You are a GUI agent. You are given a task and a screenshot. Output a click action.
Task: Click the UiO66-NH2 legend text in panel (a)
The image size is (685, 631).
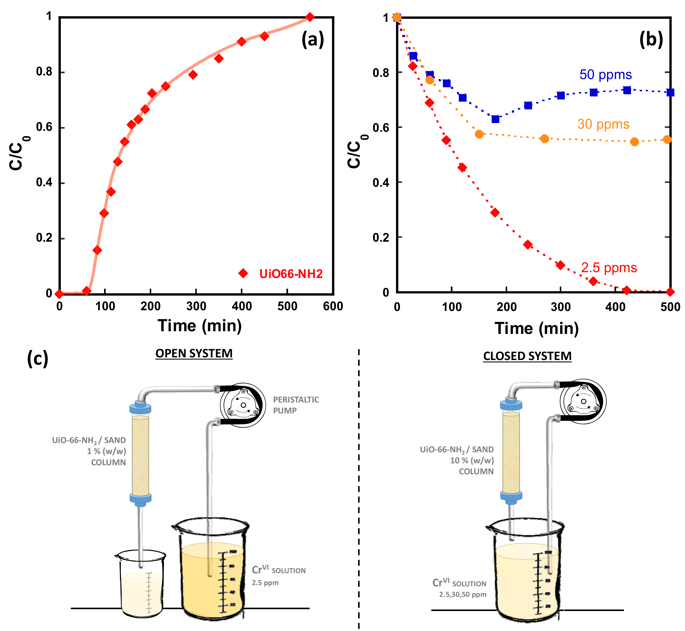coord(290,274)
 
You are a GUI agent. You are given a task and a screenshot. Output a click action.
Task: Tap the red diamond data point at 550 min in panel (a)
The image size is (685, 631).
coord(310,17)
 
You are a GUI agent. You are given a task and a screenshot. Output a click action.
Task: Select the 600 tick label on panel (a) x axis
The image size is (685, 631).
coord(333,306)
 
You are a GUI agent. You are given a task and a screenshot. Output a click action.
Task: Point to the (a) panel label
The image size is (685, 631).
coord(312,40)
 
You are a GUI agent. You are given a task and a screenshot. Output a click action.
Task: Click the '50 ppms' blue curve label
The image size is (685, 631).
coord(605,74)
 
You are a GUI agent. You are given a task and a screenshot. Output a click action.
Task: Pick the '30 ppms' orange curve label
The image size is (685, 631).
coord(603,124)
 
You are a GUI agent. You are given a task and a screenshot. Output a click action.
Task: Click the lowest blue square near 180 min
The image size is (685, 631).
coord(495,119)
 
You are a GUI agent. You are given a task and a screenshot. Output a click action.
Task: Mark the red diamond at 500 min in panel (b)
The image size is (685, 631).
coord(670,292)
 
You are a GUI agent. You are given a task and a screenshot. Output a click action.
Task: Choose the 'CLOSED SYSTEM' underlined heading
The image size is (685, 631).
coord(527,356)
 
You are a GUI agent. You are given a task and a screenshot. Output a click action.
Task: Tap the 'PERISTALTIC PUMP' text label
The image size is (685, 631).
coord(296,405)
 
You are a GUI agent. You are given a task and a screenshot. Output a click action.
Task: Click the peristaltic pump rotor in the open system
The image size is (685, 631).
coord(243,405)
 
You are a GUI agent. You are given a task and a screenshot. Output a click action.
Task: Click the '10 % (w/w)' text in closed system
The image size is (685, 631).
coord(472,460)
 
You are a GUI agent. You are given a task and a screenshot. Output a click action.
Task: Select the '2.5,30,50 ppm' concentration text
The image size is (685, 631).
coord(463,594)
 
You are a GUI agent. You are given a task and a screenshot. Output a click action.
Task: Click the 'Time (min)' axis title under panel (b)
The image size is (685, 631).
coord(537,329)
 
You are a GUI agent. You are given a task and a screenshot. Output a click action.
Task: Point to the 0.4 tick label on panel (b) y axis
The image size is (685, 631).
coord(381,183)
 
